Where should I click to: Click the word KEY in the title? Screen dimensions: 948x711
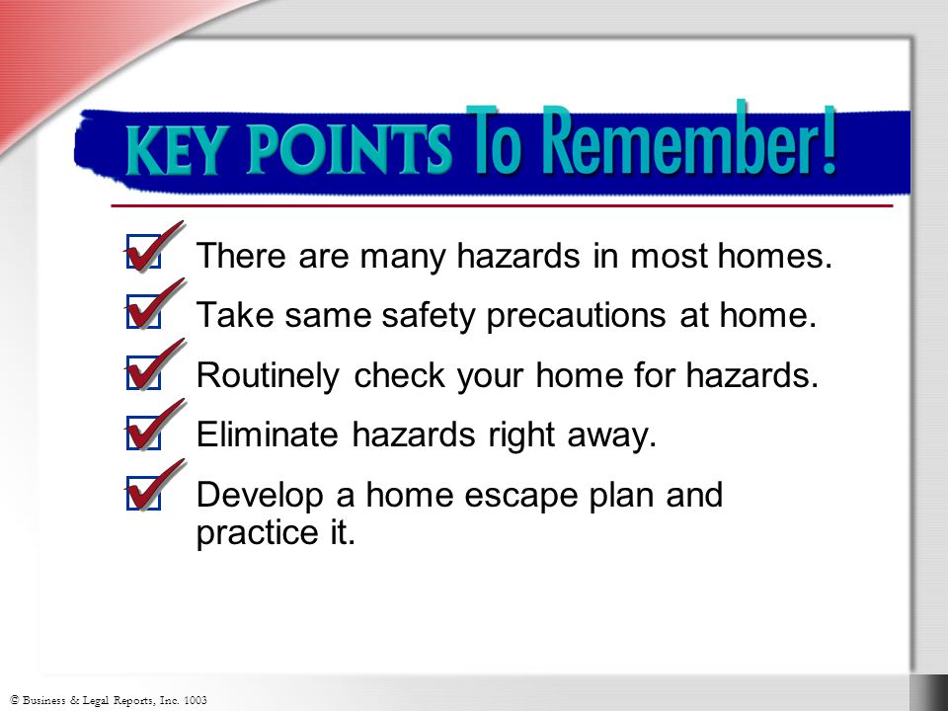point(174,150)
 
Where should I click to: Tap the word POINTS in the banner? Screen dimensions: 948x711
point(350,149)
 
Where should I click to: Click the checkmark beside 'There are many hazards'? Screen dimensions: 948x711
point(154,247)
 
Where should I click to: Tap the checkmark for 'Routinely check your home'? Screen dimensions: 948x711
point(154,365)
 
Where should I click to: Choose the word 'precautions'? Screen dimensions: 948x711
point(576,317)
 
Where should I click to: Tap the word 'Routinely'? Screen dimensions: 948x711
point(268,376)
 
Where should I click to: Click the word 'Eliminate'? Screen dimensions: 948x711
point(268,434)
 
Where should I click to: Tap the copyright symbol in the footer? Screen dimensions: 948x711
point(15,699)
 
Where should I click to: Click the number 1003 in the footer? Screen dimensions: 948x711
point(195,700)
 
